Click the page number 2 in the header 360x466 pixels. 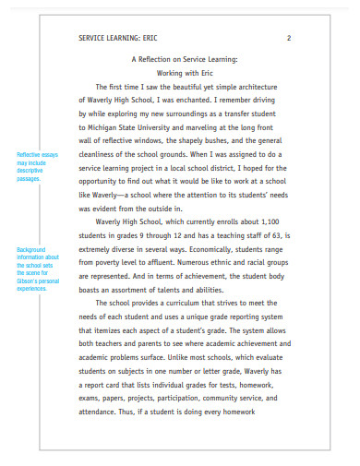(x=289, y=38)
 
